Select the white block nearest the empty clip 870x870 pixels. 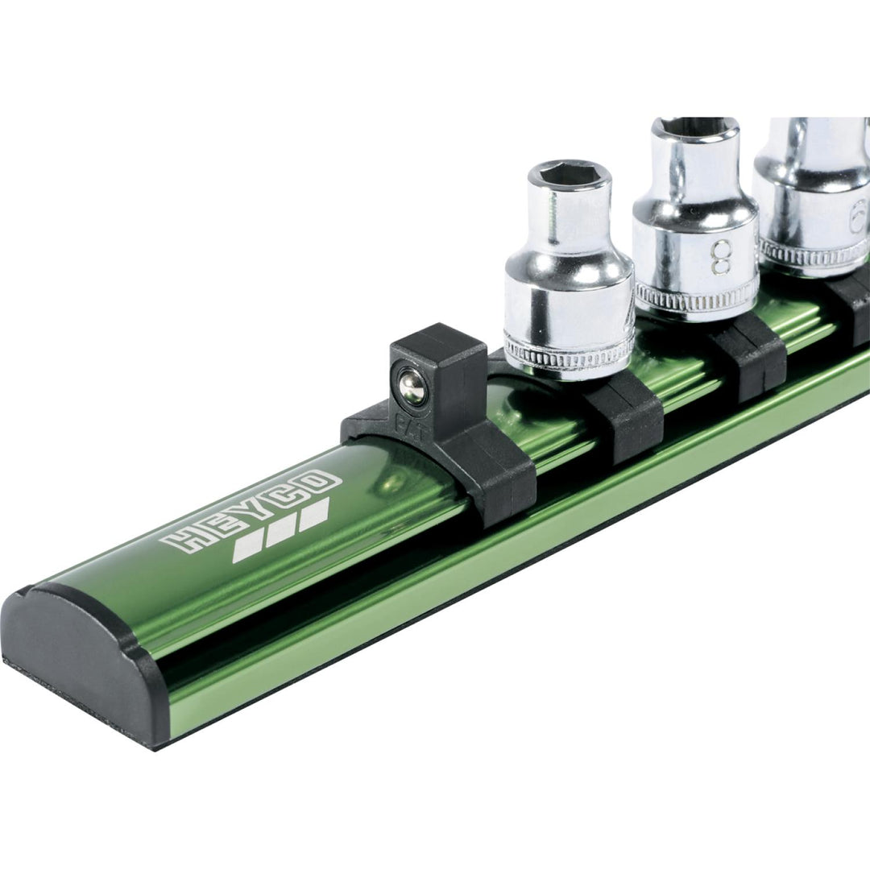point(313,513)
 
